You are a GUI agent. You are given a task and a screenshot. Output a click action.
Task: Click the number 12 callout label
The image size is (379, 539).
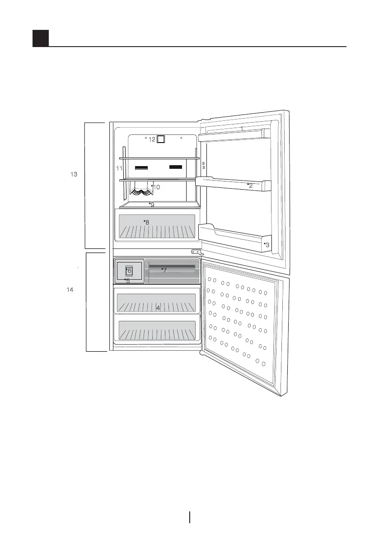[x=152, y=139]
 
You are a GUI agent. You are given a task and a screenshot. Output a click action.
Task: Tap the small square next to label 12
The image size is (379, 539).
[x=160, y=140]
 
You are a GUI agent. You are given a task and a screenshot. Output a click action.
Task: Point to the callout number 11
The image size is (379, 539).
[x=119, y=168]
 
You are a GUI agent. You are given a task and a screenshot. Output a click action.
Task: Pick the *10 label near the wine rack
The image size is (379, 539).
[x=155, y=187]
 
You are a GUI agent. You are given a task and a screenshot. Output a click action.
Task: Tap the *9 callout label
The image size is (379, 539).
[x=152, y=205]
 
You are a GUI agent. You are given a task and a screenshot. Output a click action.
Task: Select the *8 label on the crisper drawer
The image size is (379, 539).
[x=146, y=222]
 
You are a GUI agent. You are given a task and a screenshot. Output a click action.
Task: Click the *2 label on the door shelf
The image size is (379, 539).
[x=250, y=186]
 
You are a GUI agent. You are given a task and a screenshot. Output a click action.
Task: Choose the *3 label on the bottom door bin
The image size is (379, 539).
[x=267, y=244]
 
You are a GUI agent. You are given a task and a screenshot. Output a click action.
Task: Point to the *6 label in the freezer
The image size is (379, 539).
[x=129, y=270]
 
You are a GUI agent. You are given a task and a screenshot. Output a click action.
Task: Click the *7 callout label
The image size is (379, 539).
[x=164, y=270]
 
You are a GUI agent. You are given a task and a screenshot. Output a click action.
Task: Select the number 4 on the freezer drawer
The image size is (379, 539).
[x=158, y=308]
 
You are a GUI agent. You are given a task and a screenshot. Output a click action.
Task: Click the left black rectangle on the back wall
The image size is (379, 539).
[x=142, y=167]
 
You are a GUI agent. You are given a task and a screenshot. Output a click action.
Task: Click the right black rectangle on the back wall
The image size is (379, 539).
[x=175, y=167]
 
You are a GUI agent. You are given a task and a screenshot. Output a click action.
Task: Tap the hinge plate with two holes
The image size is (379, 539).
[x=196, y=252]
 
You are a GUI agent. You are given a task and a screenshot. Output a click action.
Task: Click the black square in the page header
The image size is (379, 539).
[x=41, y=38]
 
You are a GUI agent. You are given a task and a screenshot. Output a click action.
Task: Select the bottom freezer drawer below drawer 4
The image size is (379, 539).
[x=157, y=330]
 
